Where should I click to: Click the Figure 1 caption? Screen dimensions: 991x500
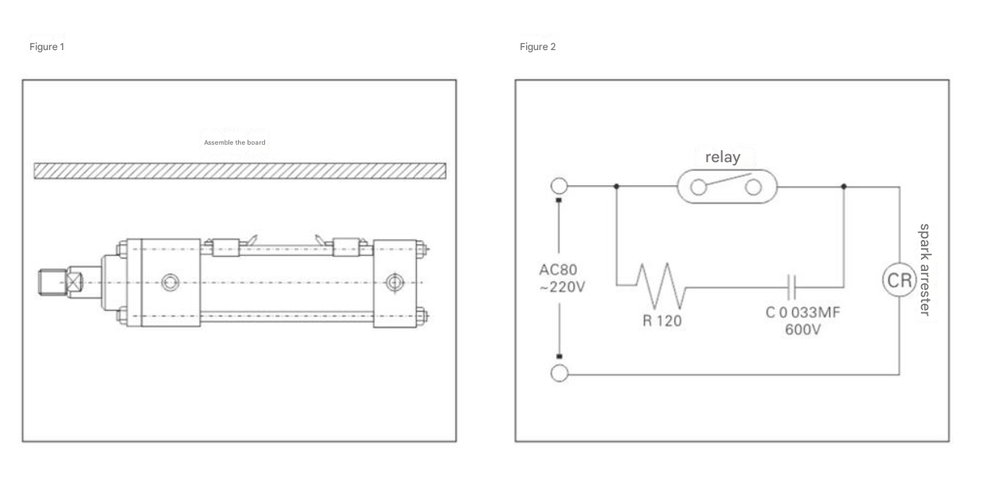pyautogui.click(x=47, y=47)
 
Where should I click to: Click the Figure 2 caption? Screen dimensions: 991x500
pyautogui.click(x=537, y=47)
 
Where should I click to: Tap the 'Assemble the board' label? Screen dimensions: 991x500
pyautogui.click(x=235, y=142)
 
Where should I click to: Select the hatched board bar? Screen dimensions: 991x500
pyautogui.click(x=240, y=171)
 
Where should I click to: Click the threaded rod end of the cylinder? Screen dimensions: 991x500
pyautogui.click(x=53, y=282)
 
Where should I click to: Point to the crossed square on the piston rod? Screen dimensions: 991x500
pyautogui.click(x=74, y=282)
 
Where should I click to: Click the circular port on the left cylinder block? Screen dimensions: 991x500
pyautogui.click(x=170, y=282)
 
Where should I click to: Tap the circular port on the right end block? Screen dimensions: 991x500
pyautogui.click(x=395, y=282)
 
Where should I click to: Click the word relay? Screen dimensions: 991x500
pyautogui.click(x=723, y=157)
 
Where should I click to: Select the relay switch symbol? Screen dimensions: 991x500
pyautogui.click(x=727, y=186)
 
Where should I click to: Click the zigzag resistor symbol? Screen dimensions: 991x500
pyautogui.click(x=661, y=286)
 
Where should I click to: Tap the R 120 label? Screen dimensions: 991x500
pyautogui.click(x=661, y=320)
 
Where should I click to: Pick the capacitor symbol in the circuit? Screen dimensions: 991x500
pyautogui.click(x=792, y=287)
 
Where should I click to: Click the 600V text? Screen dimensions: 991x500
pyautogui.click(x=803, y=330)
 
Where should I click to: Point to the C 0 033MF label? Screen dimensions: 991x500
pyautogui.click(x=802, y=312)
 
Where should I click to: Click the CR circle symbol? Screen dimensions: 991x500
pyautogui.click(x=899, y=280)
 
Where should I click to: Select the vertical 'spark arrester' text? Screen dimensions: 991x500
pyautogui.click(x=925, y=270)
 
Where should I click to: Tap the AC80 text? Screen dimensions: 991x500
pyautogui.click(x=558, y=269)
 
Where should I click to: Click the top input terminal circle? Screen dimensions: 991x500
pyautogui.click(x=560, y=186)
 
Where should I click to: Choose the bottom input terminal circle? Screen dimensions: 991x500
pyautogui.click(x=560, y=374)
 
